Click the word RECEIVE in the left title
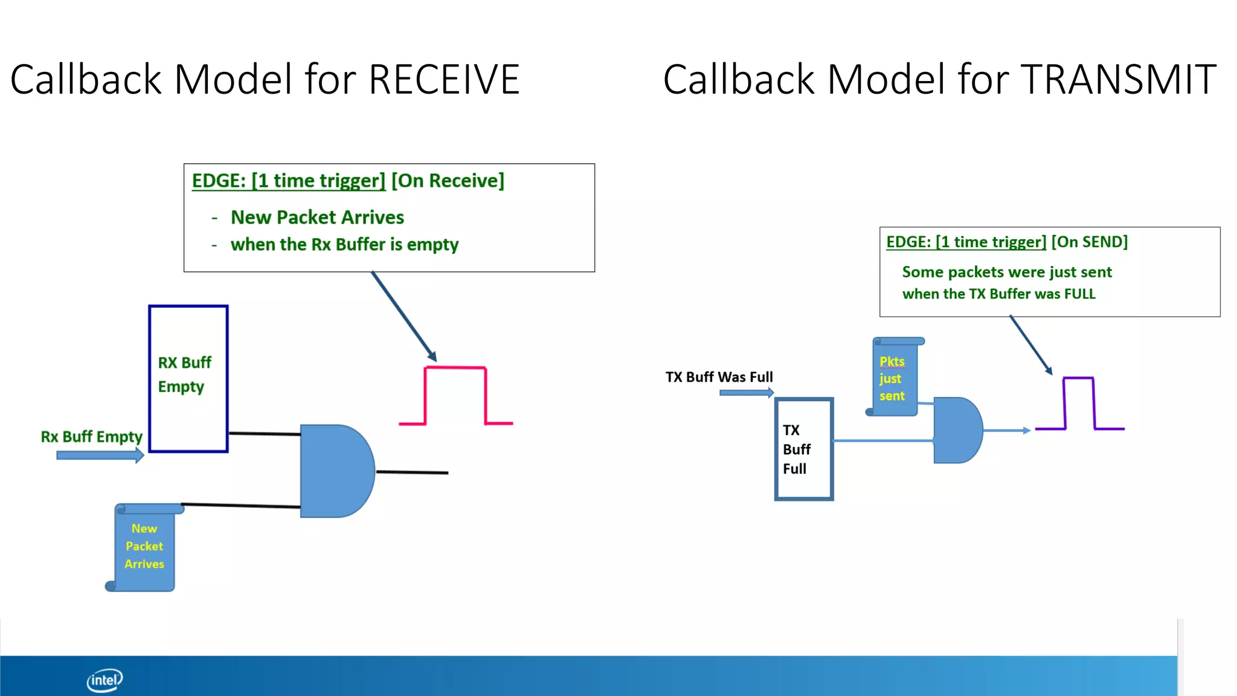tap(444, 80)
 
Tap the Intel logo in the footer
tap(104, 680)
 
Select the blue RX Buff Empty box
tap(188, 379)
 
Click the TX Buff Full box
tap(804, 449)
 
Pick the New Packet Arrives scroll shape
tap(144, 547)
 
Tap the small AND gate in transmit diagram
tap(956, 430)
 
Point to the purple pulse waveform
tap(1079, 404)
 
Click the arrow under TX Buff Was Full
tap(746, 393)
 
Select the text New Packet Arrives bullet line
tap(317, 217)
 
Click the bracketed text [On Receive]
tap(448, 181)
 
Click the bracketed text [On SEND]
tap(1089, 242)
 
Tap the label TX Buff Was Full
tap(719, 377)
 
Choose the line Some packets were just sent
tap(1006, 272)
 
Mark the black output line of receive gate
tap(412, 472)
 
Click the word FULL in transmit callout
tap(1079, 294)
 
